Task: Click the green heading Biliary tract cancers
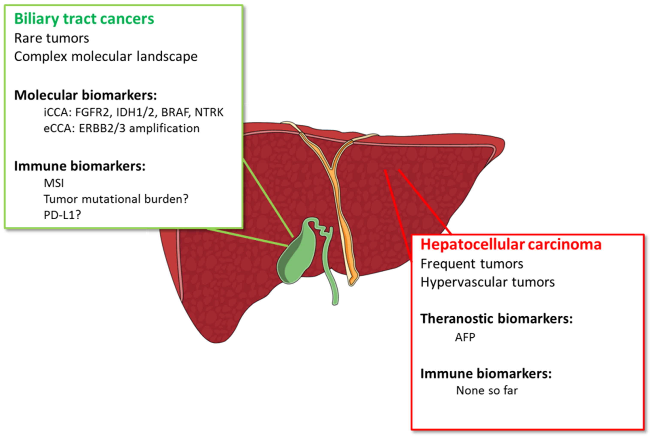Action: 84,19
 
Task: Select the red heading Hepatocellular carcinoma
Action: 511,244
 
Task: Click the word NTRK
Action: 209,112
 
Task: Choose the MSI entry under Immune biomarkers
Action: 54,183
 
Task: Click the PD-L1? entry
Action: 62,215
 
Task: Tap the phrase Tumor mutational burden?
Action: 116,199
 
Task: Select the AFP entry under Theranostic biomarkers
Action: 465,337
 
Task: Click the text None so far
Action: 487,390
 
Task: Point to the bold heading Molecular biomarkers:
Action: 86,95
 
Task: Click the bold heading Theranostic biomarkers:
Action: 496,319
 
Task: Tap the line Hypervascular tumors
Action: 487,282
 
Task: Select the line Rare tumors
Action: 51,38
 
